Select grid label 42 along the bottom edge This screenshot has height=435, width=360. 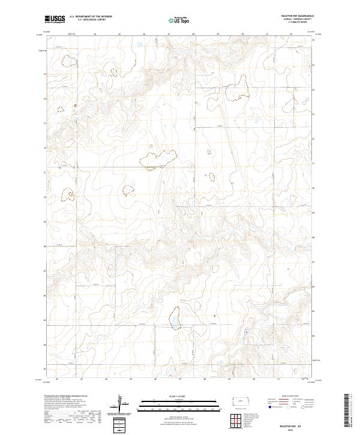[56, 379]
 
